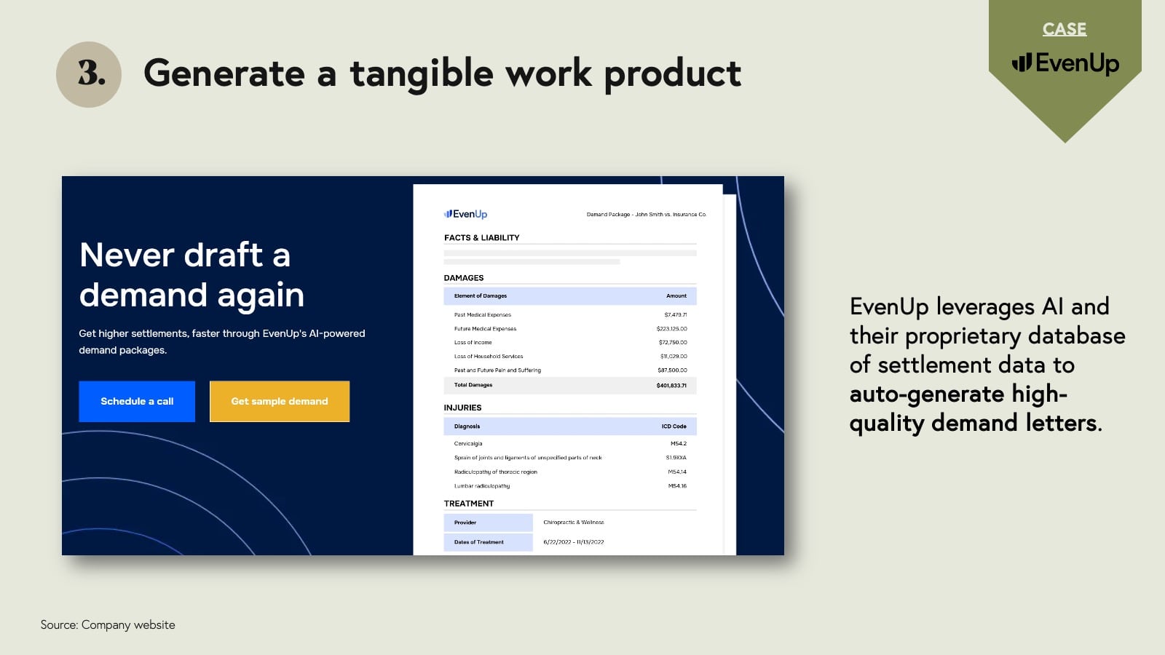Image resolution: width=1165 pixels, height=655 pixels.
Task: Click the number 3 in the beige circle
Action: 90,74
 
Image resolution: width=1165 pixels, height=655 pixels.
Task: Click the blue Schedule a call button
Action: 137,401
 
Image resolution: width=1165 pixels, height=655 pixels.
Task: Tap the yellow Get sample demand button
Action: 280,401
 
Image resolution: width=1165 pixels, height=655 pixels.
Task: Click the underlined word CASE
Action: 1064,29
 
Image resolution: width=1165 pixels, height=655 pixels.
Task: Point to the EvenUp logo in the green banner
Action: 1065,63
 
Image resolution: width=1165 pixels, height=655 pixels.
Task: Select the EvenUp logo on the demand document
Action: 465,214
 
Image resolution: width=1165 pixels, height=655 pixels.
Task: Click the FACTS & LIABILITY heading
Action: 481,238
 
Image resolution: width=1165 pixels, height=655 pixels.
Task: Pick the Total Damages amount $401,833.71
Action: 671,385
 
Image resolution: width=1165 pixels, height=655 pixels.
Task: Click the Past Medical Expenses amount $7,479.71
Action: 675,315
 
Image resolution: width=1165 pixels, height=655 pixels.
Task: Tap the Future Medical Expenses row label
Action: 485,329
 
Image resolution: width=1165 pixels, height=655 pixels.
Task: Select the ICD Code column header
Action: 674,426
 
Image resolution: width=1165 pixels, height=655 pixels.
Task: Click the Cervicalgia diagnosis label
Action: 468,443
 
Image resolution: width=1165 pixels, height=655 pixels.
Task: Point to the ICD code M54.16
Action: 677,486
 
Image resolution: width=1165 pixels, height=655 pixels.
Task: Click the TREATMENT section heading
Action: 468,504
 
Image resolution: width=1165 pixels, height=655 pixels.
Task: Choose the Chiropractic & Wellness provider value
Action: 573,523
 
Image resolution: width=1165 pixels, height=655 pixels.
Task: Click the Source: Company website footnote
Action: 108,624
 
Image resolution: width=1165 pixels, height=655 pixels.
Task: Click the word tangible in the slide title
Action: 422,74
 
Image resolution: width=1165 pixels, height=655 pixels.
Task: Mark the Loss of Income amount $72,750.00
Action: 673,343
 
